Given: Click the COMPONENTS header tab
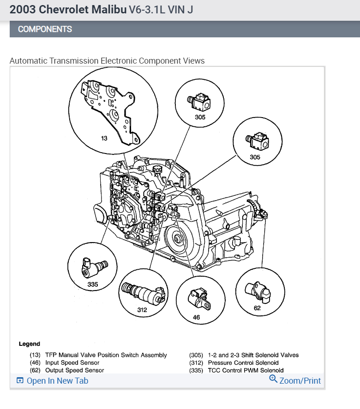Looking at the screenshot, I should click(x=45, y=29).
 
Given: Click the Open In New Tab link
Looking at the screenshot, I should click(x=57, y=380).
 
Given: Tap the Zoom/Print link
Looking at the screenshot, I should click(x=300, y=380).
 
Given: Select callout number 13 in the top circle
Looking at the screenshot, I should click(x=104, y=138).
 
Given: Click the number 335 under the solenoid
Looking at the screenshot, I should click(x=93, y=284).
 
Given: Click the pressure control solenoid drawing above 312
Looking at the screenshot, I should click(x=142, y=292).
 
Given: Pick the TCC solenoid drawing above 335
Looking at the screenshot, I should click(x=93, y=267).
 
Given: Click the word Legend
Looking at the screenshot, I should click(x=30, y=344).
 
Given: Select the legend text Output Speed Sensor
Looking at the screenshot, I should click(x=74, y=370).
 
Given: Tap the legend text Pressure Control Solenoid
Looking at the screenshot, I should click(x=243, y=363).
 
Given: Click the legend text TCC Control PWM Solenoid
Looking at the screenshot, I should click(x=246, y=370).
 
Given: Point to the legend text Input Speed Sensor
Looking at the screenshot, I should click(x=72, y=363).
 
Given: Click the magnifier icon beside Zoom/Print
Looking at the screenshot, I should click(x=273, y=379).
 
